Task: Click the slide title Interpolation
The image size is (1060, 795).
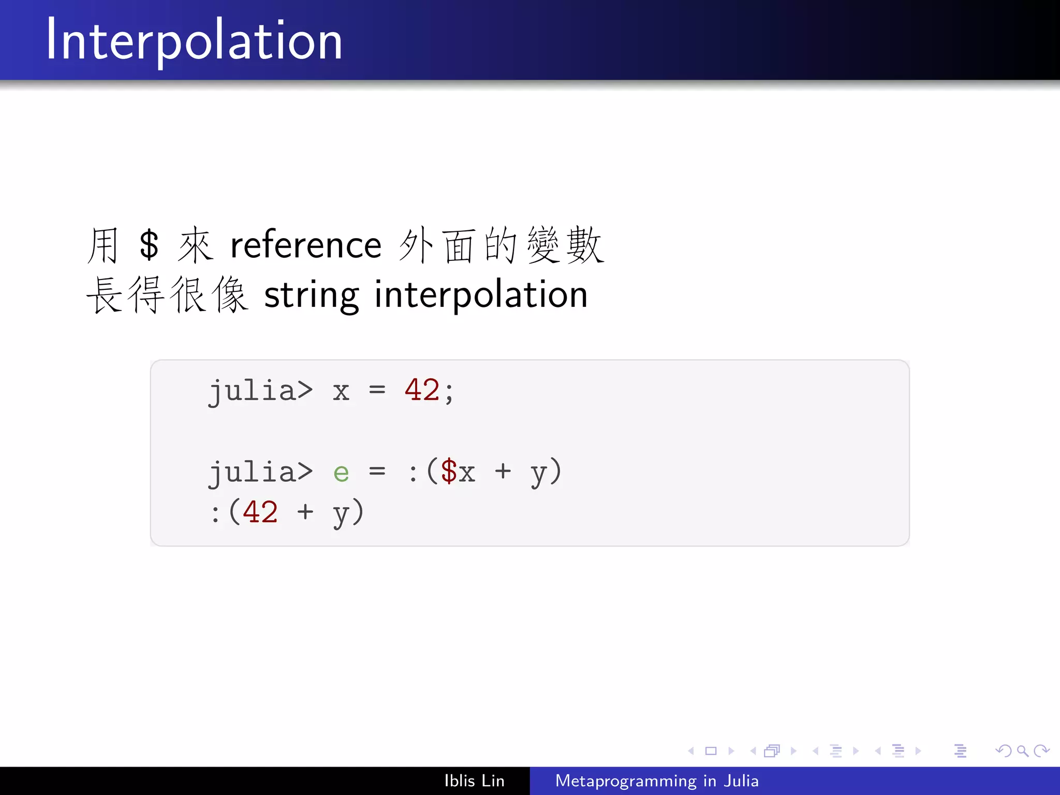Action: click(x=194, y=40)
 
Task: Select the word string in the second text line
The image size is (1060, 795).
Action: click(x=311, y=295)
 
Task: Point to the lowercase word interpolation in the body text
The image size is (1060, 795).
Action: click(x=481, y=295)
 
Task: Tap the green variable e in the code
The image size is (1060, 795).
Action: click(x=341, y=472)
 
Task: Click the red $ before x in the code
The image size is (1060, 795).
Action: click(x=449, y=471)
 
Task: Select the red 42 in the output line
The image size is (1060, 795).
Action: click(x=260, y=512)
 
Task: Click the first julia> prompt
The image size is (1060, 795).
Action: click(x=260, y=391)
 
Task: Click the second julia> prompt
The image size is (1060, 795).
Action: click(x=260, y=472)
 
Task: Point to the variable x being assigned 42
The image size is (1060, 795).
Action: click(x=341, y=391)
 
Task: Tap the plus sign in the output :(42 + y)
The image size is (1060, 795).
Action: click(x=305, y=512)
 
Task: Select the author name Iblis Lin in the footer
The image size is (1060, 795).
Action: click(x=474, y=781)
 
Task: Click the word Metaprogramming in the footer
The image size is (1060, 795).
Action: click(x=626, y=781)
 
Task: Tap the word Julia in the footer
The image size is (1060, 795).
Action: click(x=741, y=781)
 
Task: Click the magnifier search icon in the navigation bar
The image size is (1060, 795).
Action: click(x=1022, y=750)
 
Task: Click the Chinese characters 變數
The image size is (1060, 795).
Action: click(x=566, y=245)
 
